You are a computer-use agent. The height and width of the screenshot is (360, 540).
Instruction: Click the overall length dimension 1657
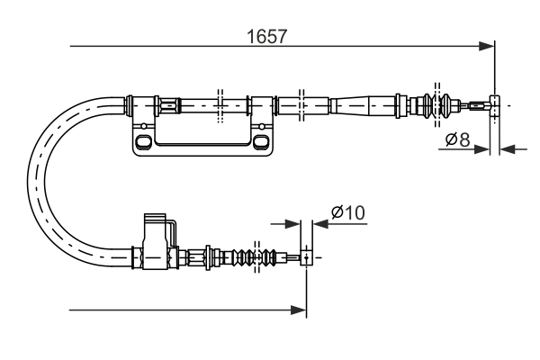tap(266, 37)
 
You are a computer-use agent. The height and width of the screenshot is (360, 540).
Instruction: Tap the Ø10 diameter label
tap(346, 212)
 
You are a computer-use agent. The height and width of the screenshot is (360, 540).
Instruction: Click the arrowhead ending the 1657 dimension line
tap(487, 45)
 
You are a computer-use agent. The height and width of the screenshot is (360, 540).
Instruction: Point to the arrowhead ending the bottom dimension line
tap(299, 310)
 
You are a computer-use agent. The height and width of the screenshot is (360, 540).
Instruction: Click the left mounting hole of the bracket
tap(141, 142)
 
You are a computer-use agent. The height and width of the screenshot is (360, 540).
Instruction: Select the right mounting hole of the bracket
tap(260, 142)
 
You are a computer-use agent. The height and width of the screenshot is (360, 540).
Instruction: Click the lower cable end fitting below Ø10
tap(307, 257)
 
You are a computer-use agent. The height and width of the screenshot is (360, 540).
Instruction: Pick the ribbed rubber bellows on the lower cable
tap(245, 257)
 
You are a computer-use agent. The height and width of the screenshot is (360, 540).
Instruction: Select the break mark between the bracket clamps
tap(219, 105)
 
